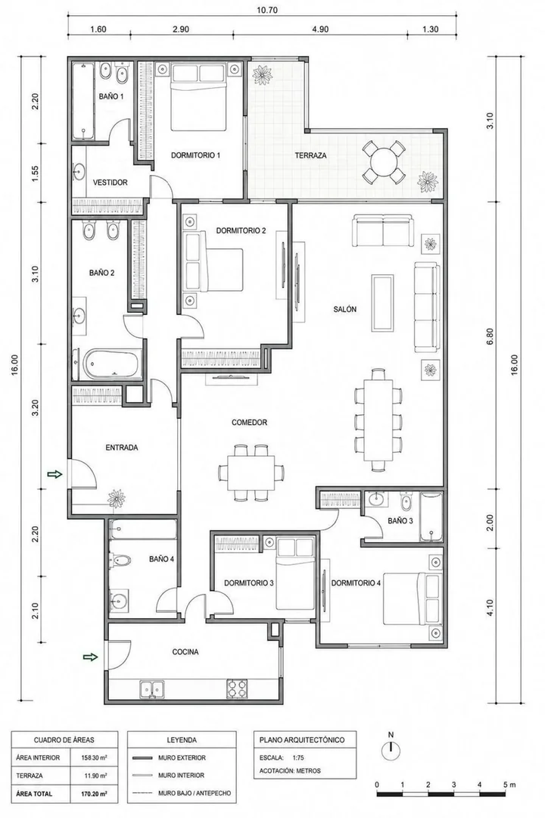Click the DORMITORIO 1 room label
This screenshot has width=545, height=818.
[x=195, y=155]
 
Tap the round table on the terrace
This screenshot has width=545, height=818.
[x=384, y=161]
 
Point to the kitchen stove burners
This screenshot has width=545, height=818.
[x=237, y=689]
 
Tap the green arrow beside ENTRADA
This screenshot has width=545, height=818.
[x=54, y=473]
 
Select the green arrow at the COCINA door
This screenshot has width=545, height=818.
[x=91, y=657]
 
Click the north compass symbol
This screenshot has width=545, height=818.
[x=391, y=751]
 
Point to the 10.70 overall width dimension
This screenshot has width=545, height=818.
[x=263, y=9]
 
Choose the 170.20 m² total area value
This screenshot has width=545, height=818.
[x=95, y=794]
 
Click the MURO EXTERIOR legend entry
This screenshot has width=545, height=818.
[x=182, y=757]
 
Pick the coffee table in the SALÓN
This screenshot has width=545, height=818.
[x=382, y=302]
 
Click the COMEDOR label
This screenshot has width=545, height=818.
[x=249, y=422]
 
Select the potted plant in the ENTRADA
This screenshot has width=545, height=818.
[x=116, y=499]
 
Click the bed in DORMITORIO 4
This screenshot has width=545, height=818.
[x=413, y=598]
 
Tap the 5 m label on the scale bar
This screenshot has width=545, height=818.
[x=509, y=784]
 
